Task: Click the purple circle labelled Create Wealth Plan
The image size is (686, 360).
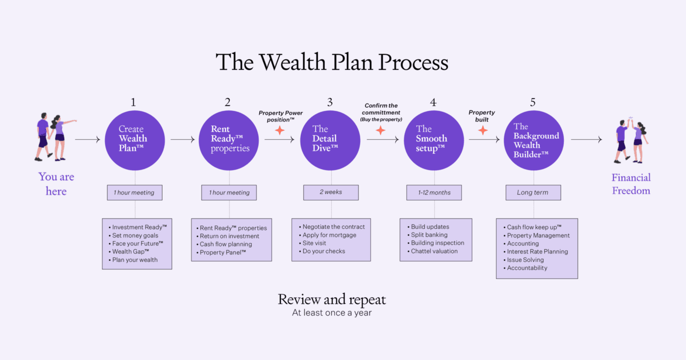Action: point(134,140)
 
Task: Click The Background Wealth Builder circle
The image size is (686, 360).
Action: point(534,140)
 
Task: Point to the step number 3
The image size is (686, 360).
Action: point(330,102)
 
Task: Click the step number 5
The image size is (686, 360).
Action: point(533,102)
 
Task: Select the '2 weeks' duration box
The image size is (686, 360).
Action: point(331,192)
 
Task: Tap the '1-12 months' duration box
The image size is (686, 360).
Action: point(434,192)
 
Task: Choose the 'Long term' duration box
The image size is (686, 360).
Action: point(533,192)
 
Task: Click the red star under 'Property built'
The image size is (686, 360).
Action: point(483,130)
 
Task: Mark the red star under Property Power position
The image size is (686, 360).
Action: point(280,130)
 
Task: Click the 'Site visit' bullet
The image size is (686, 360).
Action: point(314,243)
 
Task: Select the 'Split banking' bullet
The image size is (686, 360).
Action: point(429,235)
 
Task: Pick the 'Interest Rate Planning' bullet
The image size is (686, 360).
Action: point(537,252)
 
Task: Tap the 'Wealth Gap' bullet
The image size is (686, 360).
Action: point(130,252)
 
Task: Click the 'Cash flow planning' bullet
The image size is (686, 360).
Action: point(225,244)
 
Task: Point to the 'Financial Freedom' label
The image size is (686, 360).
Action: point(631,184)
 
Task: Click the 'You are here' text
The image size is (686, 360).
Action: point(56,184)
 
